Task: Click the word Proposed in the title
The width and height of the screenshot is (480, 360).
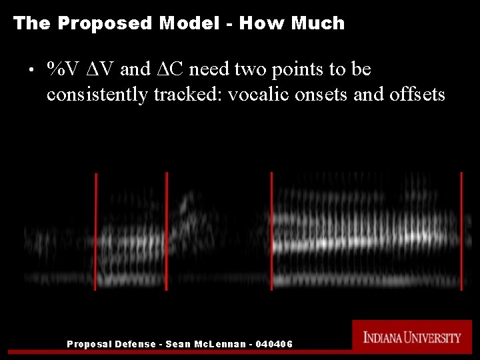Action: tap(105, 23)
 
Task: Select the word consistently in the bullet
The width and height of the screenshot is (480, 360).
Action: tap(97, 95)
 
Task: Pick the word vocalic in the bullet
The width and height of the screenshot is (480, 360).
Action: tap(255, 95)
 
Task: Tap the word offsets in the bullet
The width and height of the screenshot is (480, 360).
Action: tap(417, 95)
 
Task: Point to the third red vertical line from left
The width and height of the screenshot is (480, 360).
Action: tap(271, 230)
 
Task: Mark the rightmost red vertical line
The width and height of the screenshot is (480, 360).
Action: tap(461, 230)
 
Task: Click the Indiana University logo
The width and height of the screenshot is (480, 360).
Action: tap(412, 337)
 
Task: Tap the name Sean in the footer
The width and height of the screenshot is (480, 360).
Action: tap(177, 344)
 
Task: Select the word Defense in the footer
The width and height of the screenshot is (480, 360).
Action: tap(135, 344)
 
